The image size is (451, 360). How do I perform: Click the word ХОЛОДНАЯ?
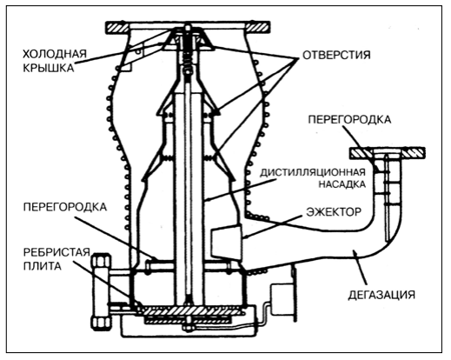point(55,53)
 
